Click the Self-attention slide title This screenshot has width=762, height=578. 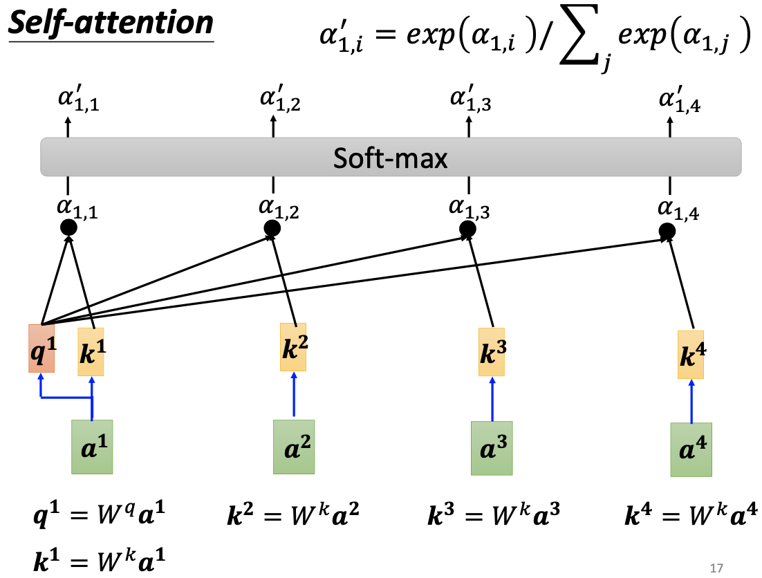tap(111, 24)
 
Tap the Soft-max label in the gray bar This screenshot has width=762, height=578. tap(391, 158)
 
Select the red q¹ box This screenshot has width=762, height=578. tap(41, 348)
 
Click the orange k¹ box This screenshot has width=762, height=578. tap(91, 351)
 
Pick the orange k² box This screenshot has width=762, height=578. tap(294, 346)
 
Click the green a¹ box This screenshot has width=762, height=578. tap(92, 447)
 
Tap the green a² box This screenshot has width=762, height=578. tap(294, 447)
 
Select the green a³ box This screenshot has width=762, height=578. tap(492, 448)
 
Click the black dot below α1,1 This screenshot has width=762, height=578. tap(68, 227)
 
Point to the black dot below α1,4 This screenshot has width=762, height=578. tap(667, 231)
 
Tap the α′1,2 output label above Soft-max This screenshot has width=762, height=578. tap(280, 102)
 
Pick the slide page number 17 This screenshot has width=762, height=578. tap(716, 568)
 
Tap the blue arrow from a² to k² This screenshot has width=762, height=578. tap(295, 395)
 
